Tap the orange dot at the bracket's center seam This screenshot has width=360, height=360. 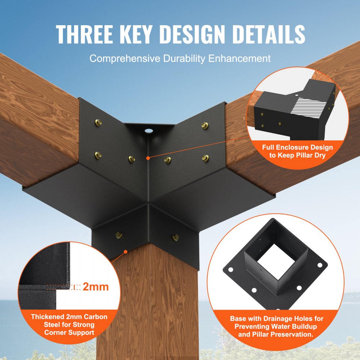click(148, 157)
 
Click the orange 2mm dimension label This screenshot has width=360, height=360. click(96, 287)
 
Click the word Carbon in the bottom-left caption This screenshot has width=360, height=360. click(95, 317)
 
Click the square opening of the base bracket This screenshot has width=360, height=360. click(273, 261)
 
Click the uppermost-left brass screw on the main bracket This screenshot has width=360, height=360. click(98, 123)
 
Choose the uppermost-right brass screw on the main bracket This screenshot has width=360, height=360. click(205, 125)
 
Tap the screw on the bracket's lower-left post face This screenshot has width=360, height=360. click(118, 235)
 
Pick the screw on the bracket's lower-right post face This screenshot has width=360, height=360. click(176, 237)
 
